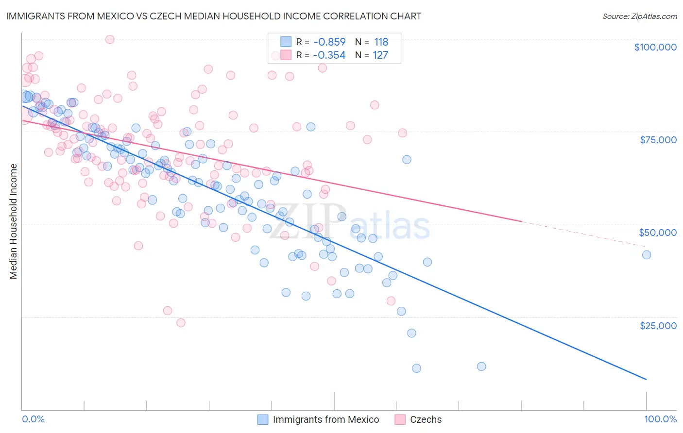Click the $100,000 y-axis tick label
pos(655,47)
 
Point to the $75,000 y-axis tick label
pos(658,140)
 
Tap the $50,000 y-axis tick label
pos(657,233)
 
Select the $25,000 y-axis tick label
pos(658,325)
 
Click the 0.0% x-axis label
pos(33,419)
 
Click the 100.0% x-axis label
pos(660,419)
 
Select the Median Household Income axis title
pos(14,221)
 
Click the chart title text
pos(213,16)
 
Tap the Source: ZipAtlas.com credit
pos(639,16)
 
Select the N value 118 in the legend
pos(381,42)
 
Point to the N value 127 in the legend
pos(380,55)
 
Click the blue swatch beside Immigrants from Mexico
pos(263,419)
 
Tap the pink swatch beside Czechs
pos(400,419)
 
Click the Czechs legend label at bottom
pos(426,419)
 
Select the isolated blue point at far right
pos(646,255)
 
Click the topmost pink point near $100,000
pos(110,39)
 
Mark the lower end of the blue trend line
pos(646,379)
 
